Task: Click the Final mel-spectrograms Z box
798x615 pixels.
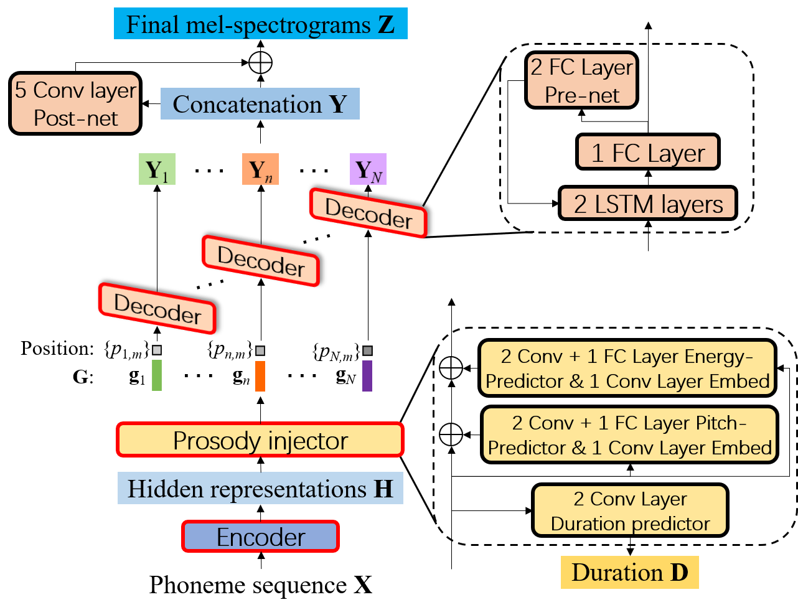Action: (260, 24)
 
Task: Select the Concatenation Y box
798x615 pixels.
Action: (260, 104)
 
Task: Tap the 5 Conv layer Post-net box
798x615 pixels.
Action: (75, 104)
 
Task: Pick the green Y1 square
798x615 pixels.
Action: (157, 169)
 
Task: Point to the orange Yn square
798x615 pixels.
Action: (260, 169)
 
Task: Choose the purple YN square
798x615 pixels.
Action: (368, 169)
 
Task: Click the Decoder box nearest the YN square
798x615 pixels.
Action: (368, 213)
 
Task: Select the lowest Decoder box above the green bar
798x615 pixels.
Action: (157, 309)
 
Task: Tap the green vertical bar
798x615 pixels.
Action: (157, 375)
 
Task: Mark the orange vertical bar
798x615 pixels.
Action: (260, 376)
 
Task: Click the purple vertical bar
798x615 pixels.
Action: (367, 375)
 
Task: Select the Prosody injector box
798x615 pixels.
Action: (260, 440)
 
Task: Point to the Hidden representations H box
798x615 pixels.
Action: (260, 489)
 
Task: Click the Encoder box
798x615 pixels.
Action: (260, 537)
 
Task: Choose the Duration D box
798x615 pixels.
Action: (629, 573)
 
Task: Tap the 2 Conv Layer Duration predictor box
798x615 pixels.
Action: (630, 511)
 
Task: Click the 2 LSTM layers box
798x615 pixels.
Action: (648, 204)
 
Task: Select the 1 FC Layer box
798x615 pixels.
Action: (648, 153)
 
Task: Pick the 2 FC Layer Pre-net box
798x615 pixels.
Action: (581, 80)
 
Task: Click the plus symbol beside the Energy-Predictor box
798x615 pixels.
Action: (451, 368)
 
